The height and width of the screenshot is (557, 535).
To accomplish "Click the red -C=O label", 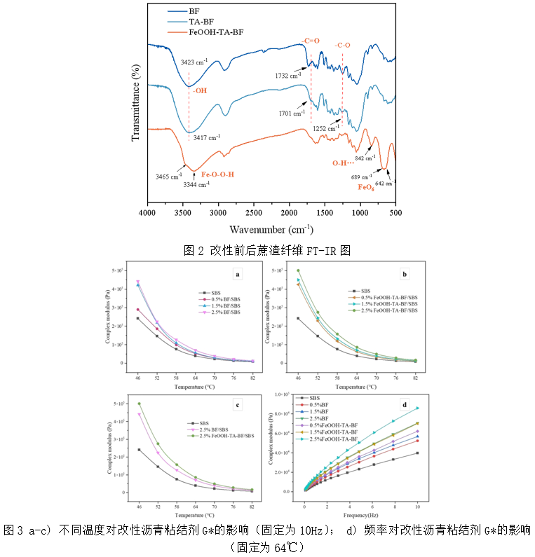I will coord(309,41).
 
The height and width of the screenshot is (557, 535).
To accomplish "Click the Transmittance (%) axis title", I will coord(136,102).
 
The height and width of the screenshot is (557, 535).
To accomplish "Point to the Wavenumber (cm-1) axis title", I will coord(271,229).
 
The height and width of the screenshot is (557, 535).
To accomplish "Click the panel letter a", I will coord(238,275).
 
